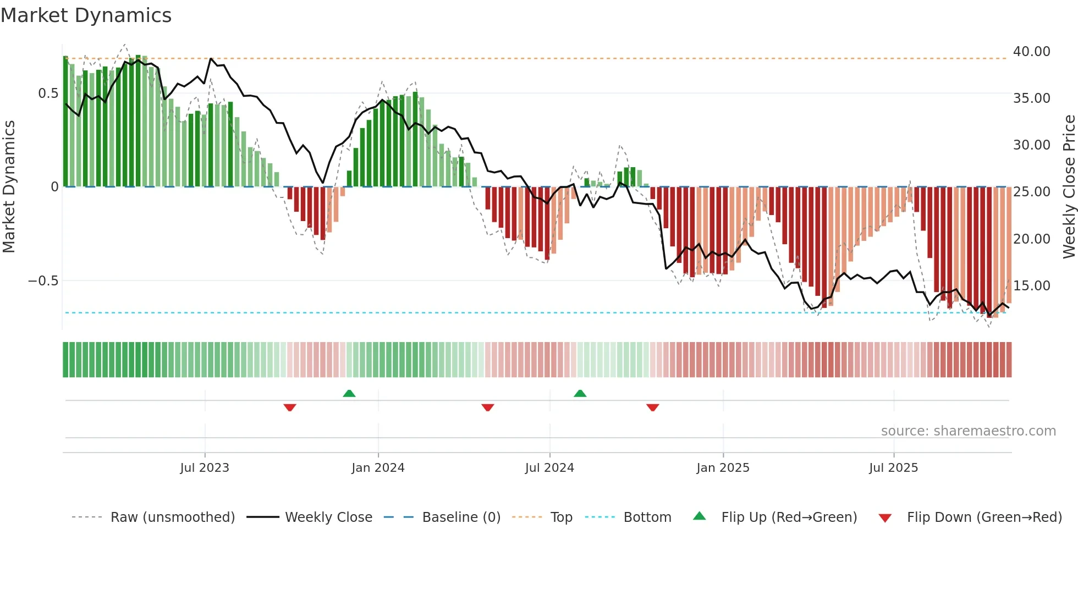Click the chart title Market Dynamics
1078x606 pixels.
click(x=86, y=15)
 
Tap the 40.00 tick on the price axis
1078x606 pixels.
click(x=1031, y=52)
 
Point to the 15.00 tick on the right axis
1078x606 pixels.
click(x=1031, y=286)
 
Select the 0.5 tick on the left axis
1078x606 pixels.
click(x=48, y=93)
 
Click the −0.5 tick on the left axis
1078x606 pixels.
click(x=43, y=281)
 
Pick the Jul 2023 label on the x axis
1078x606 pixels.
click(x=205, y=468)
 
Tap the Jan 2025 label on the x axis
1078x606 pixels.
click(x=723, y=468)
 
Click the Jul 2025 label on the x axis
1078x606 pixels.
click(x=893, y=468)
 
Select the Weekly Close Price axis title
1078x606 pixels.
click(x=1069, y=187)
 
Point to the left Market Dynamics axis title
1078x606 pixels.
click(x=9, y=187)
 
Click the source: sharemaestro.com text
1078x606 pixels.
click(x=968, y=431)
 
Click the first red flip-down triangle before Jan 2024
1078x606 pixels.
click(x=290, y=407)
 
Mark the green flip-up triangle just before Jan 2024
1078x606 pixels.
click(x=349, y=393)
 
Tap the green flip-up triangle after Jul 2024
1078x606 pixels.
click(x=580, y=393)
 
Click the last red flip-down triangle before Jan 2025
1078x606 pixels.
click(x=653, y=407)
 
